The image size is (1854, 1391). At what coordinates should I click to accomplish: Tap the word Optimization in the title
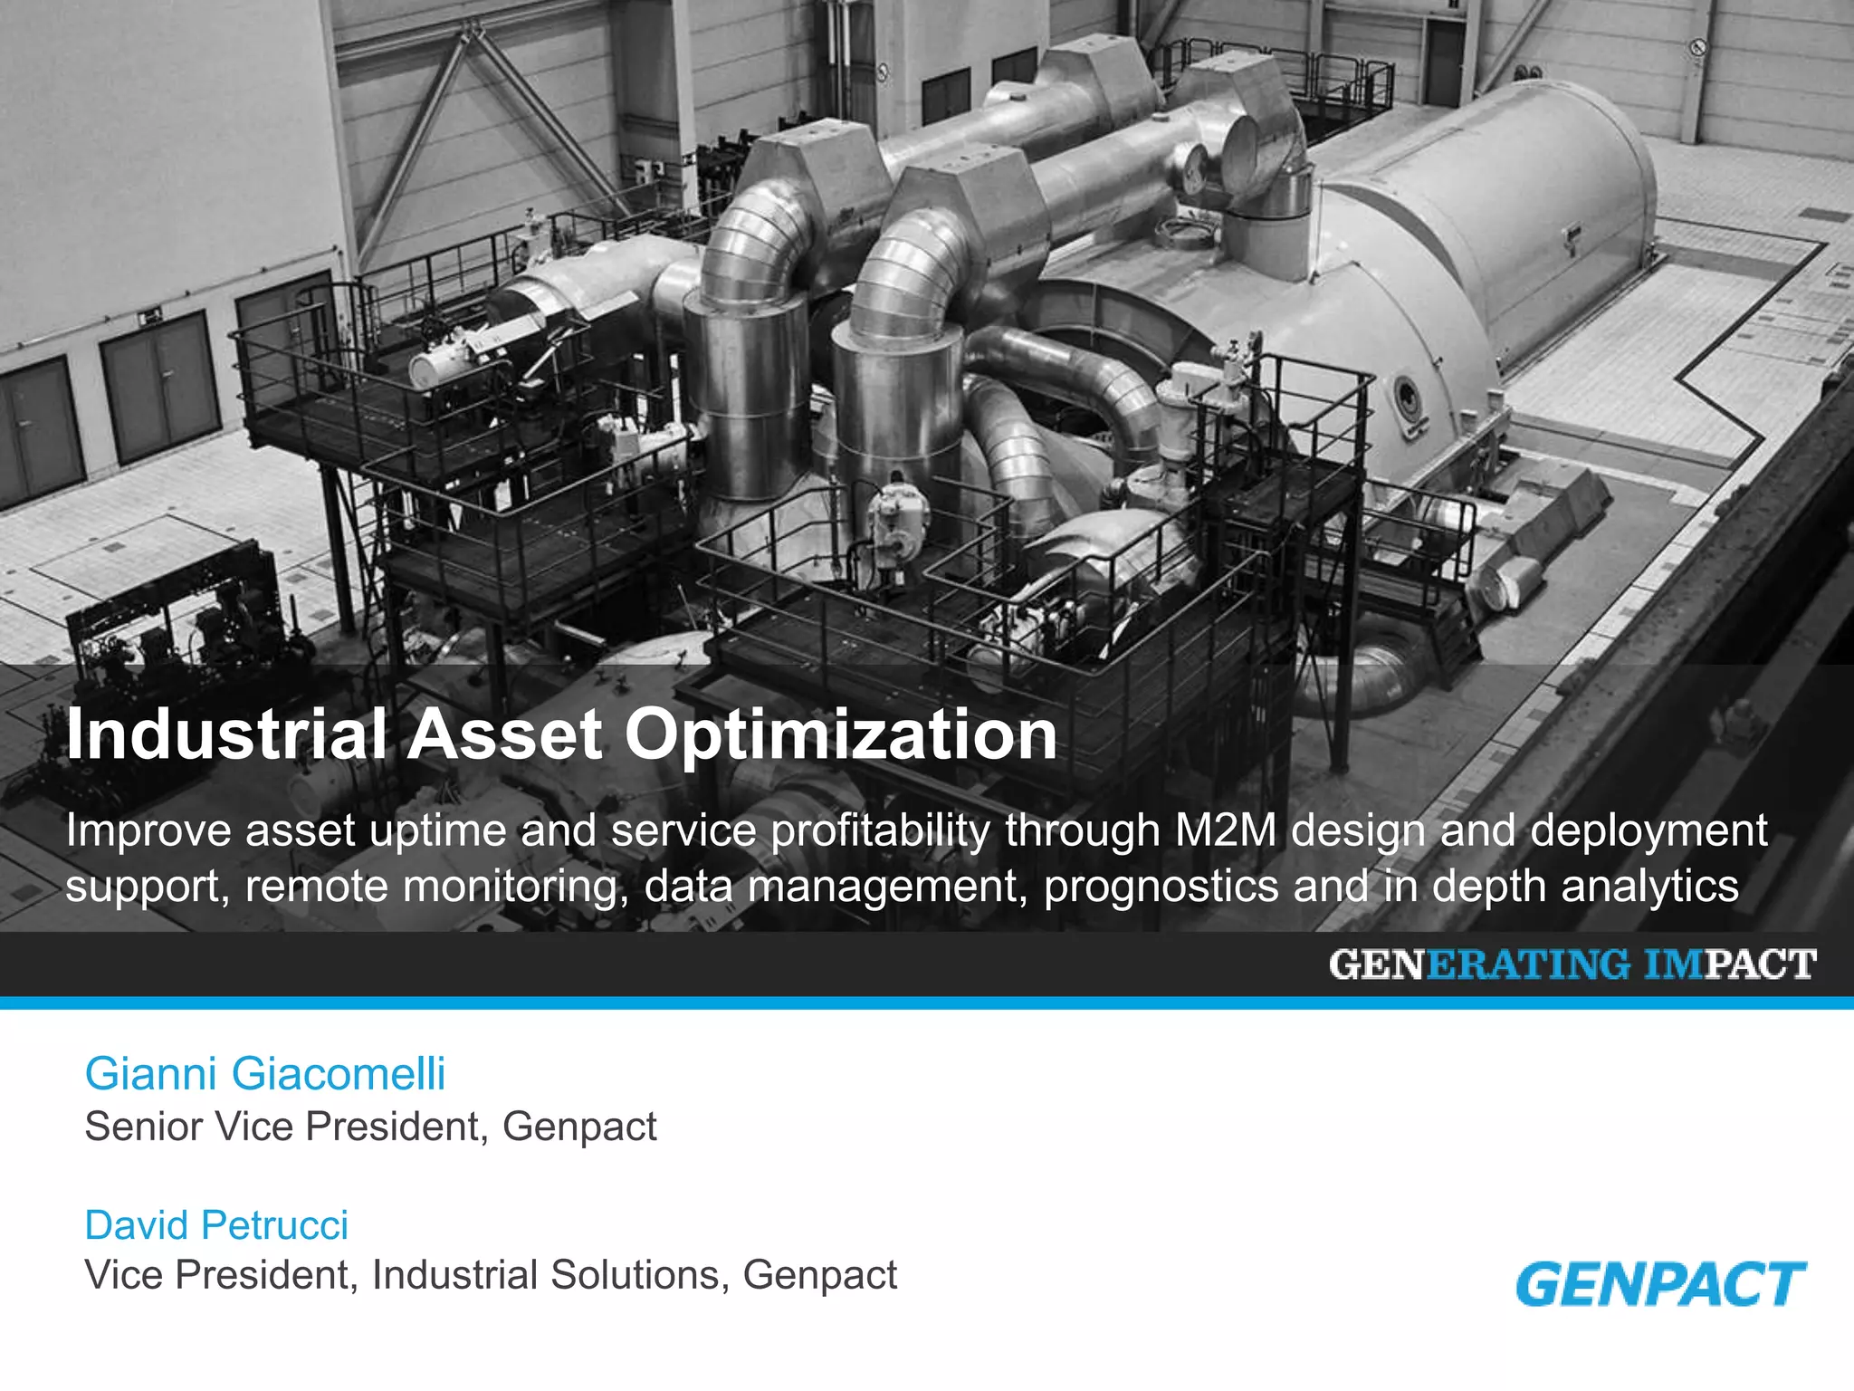pos(841,735)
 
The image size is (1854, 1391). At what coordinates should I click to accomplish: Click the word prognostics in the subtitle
pos(1161,887)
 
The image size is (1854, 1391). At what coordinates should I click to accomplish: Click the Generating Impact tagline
pos(1572,964)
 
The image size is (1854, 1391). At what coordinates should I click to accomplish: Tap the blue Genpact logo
pos(1660,1284)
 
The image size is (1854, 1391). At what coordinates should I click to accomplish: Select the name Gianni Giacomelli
pos(264,1074)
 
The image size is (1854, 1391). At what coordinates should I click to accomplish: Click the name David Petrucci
pos(216,1225)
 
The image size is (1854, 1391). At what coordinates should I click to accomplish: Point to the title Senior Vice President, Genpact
pos(370,1127)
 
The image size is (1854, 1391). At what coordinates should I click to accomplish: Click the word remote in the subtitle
pos(317,887)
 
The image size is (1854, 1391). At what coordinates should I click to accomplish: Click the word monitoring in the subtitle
pos(515,887)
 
